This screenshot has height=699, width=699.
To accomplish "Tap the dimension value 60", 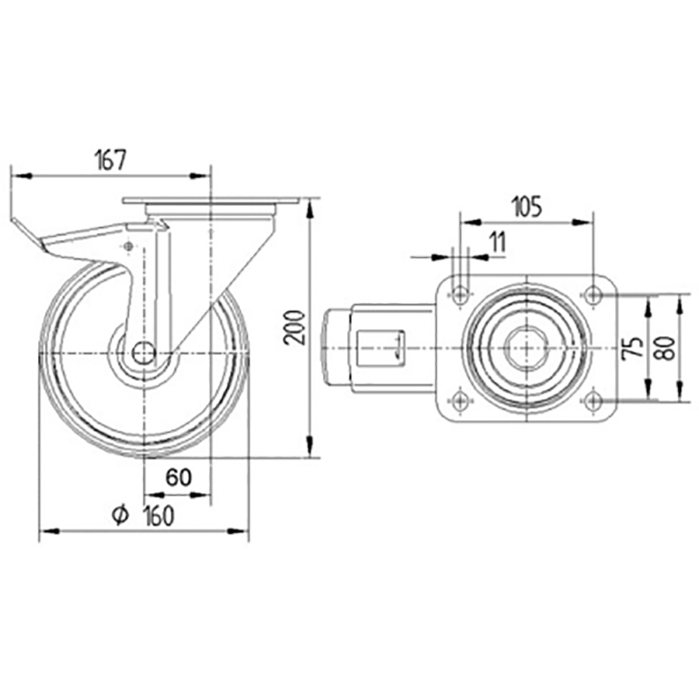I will (x=179, y=478).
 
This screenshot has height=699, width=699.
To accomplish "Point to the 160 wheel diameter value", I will (x=158, y=516).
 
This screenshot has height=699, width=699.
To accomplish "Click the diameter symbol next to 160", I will (x=120, y=516).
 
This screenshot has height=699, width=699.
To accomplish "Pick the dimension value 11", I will (x=497, y=242).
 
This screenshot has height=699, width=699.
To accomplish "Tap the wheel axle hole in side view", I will (x=143, y=354).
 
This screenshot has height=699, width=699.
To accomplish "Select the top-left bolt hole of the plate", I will (x=461, y=294).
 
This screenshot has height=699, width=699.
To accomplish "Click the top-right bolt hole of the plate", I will (x=593, y=294).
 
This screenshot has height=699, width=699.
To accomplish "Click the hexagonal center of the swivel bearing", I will (x=527, y=346).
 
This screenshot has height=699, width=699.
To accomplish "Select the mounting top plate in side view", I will (x=210, y=203).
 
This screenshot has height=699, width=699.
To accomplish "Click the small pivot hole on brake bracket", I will (x=128, y=246).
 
